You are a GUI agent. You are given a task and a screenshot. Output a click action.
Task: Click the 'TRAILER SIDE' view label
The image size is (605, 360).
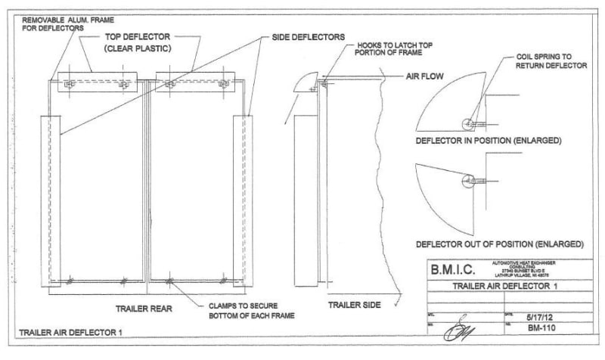[x=354, y=306]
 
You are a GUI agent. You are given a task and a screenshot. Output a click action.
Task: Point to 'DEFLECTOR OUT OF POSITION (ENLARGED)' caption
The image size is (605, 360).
[x=499, y=244]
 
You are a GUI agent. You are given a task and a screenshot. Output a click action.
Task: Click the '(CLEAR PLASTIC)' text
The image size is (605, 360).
[x=138, y=49]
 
